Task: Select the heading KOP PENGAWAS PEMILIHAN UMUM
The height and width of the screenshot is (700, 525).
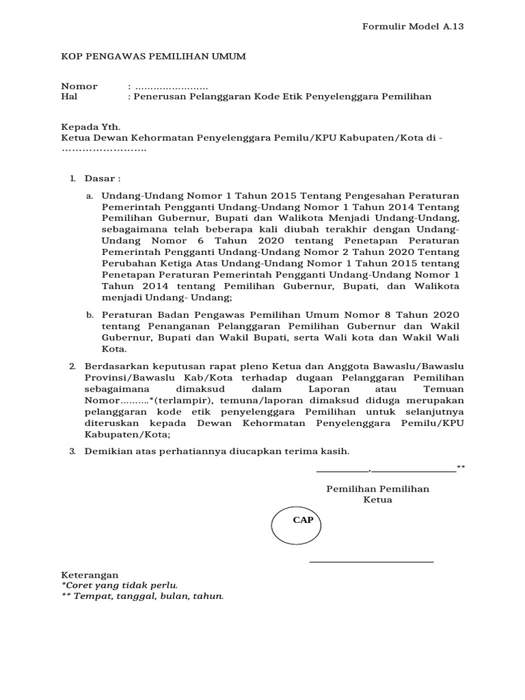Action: pos(154,56)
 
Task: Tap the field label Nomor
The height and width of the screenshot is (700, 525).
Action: pos(79,86)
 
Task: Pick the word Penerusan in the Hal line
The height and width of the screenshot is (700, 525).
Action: pos(158,97)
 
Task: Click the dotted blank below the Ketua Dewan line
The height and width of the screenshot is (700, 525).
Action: pos(104,148)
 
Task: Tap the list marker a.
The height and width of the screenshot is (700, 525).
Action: pos(89,196)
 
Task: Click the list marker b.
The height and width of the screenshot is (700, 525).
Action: pos(89,315)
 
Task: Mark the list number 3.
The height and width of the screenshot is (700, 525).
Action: pos(73,451)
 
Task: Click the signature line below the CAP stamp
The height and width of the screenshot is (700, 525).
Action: pos(371,562)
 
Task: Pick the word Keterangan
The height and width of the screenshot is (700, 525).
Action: pos(90,575)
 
